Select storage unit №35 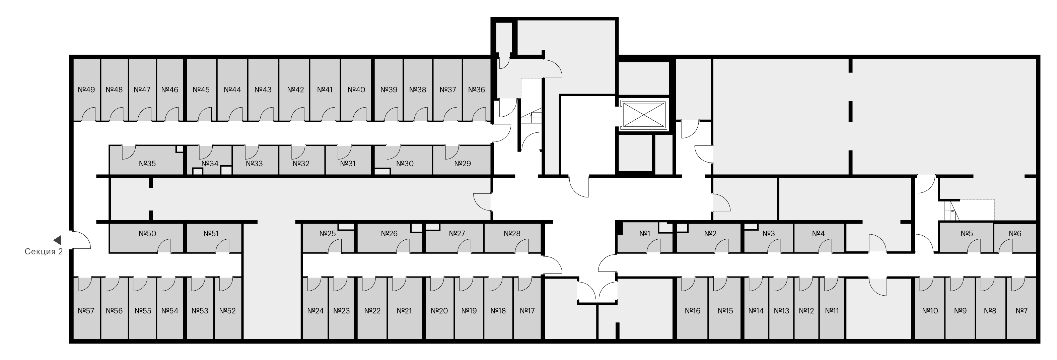coord(146,160)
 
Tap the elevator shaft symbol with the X coord(643,115)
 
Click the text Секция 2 coord(44,252)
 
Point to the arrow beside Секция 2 coord(58,240)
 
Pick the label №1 coord(645,234)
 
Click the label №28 coord(512,234)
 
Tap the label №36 coord(476,89)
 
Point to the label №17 coord(527,311)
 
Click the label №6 coord(1015,234)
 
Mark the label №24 coord(315,311)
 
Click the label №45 coord(201,89)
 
